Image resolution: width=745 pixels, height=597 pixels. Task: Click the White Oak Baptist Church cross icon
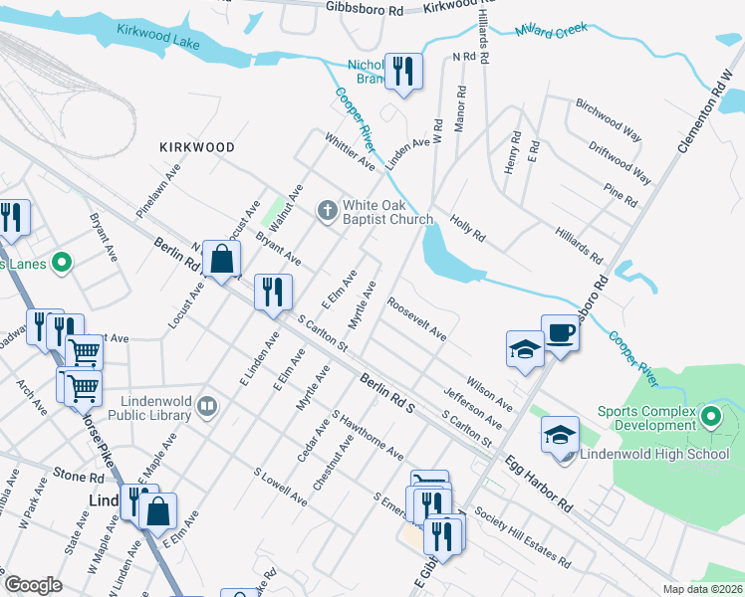pos(326,210)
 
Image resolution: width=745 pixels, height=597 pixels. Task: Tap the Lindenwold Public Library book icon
pos(207,405)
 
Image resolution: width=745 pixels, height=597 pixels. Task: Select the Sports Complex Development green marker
pos(709,415)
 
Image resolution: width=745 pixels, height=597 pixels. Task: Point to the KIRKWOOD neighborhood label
pos(197,147)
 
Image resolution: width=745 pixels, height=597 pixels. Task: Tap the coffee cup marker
pos(560,331)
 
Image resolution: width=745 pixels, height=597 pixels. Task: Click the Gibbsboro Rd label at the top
pos(365,7)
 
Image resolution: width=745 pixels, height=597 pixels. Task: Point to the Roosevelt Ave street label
pos(416,319)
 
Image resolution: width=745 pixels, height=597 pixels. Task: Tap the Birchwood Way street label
pos(608,116)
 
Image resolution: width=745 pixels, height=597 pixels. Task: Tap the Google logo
pos(33,585)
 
